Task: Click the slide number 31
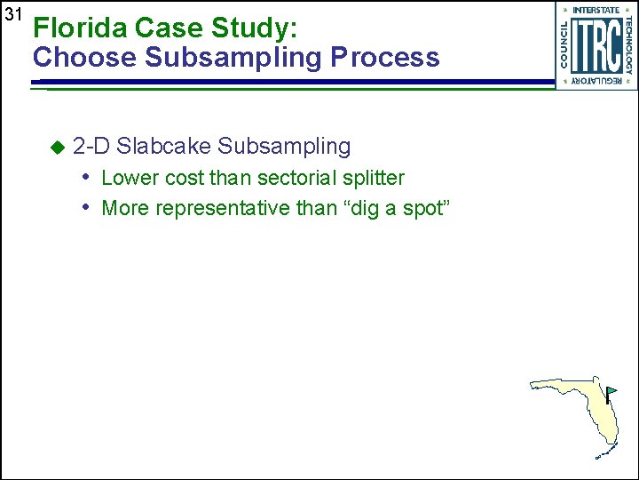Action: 12,15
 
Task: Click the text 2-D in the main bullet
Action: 91,146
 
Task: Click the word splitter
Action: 372,178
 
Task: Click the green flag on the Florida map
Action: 611,390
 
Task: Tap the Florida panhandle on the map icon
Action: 555,386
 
